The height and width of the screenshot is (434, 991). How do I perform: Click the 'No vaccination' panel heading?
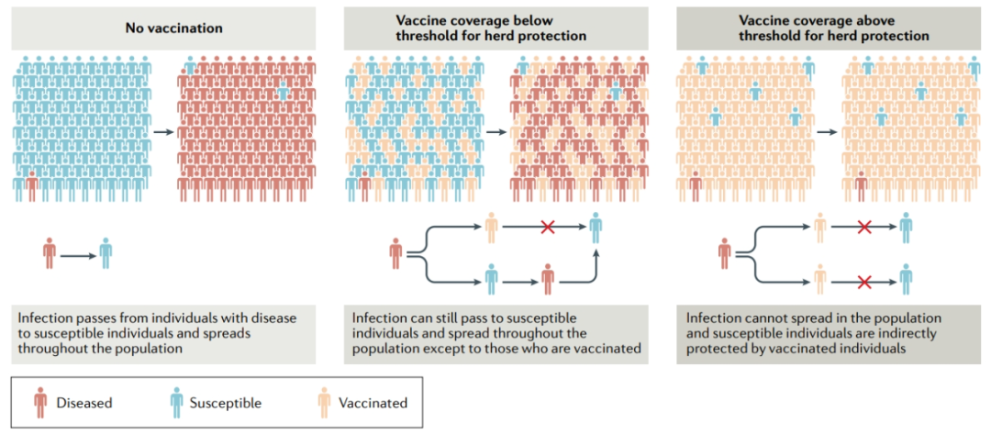[174, 28]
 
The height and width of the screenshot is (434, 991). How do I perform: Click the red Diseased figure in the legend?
[40, 402]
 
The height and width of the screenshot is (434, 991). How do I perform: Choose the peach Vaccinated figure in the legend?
[324, 402]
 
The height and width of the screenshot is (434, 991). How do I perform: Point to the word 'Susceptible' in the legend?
[225, 403]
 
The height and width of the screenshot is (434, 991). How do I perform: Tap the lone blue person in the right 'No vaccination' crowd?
[284, 92]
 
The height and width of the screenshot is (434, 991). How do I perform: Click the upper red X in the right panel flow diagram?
[863, 226]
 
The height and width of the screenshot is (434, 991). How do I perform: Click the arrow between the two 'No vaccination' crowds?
[163, 132]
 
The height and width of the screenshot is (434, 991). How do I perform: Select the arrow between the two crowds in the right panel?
[827, 132]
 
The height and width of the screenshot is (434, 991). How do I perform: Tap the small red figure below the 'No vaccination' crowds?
[49, 253]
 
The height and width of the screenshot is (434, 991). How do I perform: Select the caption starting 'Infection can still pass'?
[495, 333]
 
